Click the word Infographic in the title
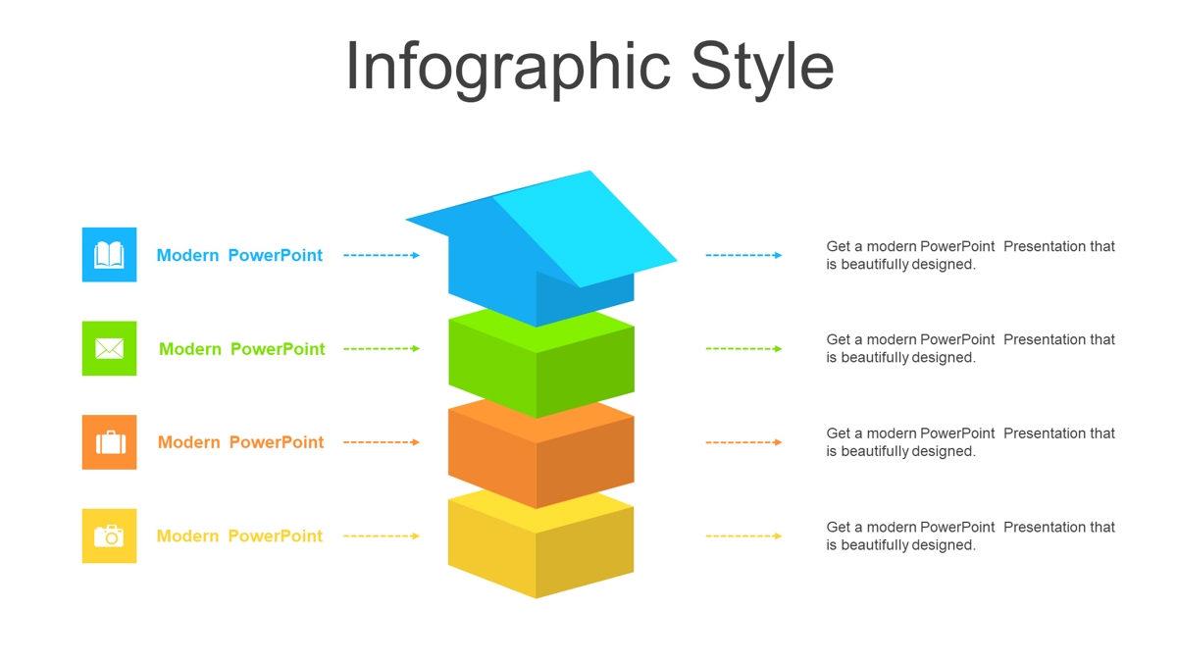[508, 69]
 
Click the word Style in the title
[762, 69]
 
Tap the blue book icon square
[109, 255]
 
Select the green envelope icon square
[109, 348]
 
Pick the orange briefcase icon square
[109, 442]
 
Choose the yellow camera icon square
[109, 535]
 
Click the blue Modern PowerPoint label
[239, 255]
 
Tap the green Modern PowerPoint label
[241, 349]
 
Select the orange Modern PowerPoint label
[240, 442]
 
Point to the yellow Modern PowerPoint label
[239, 535]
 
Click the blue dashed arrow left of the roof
[382, 255]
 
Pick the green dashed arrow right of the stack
[744, 349]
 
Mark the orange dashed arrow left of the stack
[382, 442]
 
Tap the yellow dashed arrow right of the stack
[744, 535]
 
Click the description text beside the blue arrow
[970, 255]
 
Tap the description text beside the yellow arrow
[970, 535]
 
